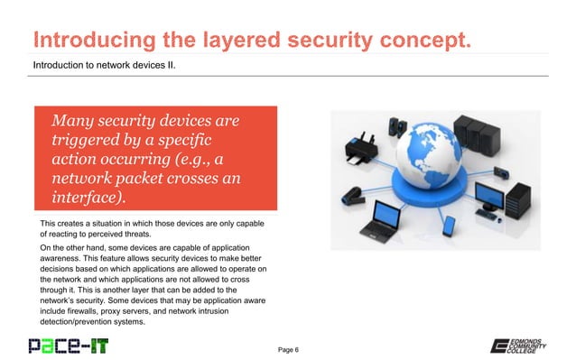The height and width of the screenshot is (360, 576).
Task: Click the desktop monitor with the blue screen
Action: pyautogui.click(x=492, y=202)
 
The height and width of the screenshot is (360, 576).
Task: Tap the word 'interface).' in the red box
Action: pyautogui.click(x=89, y=198)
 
